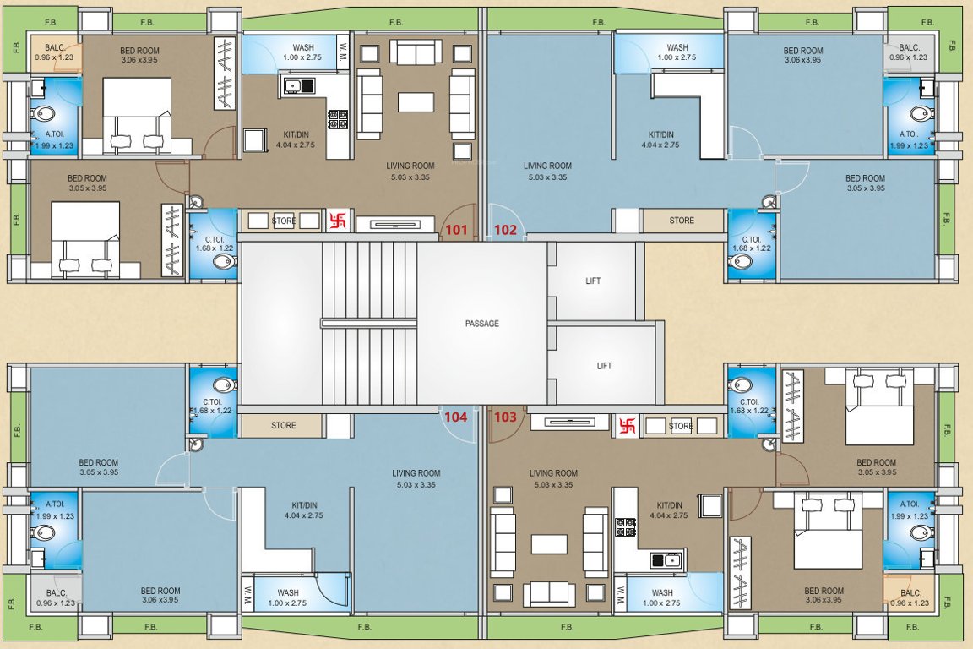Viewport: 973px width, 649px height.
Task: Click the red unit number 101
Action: pyautogui.click(x=456, y=229)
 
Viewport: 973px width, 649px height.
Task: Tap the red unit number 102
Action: pyautogui.click(x=505, y=229)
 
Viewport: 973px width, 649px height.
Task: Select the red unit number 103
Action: pyautogui.click(x=505, y=417)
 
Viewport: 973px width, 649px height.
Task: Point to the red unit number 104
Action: pyautogui.click(x=456, y=417)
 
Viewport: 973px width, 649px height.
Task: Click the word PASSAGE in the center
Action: pyautogui.click(x=482, y=324)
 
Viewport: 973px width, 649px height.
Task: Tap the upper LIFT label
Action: pyautogui.click(x=593, y=281)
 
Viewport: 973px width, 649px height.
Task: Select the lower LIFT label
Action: pyautogui.click(x=604, y=366)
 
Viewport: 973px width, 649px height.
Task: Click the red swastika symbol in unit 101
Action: pyautogui.click(x=337, y=220)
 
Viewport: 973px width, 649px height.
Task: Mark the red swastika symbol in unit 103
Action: pyautogui.click(x=627, y=426)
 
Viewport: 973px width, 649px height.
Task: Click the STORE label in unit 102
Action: pyautogui.click(x=682, y=221)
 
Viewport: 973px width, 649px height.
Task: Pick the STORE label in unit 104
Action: pyautogui.click(x=284, y=425)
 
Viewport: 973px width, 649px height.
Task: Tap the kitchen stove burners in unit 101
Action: pyautogui.click(x=338, y=119)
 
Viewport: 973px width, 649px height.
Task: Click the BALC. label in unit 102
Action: pyautogui.click(x=910, y=48)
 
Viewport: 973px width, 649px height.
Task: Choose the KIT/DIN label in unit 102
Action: pyautogui.click(x=661, y=134)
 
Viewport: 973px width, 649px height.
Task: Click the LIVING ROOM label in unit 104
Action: pyautogui.click(x=416, y=473)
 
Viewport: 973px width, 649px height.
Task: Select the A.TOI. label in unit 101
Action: pyautogui.click(x=54, y=134)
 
